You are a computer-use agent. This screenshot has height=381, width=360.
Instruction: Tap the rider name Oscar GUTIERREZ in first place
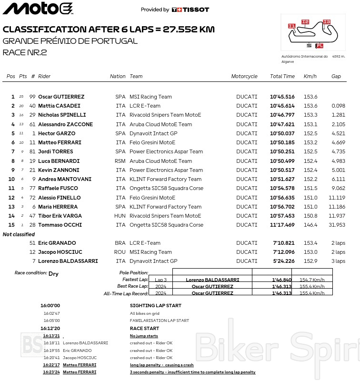(61, 97)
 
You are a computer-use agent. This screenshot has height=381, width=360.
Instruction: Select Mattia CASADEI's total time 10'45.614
(282, 106)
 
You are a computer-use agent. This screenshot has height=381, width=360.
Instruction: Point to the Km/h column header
(310, 76)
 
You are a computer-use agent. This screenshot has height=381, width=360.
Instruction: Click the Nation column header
(118, 76)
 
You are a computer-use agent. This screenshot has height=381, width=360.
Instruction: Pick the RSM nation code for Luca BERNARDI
(120, 161)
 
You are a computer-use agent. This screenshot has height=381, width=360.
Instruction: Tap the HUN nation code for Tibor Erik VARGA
(120, 216)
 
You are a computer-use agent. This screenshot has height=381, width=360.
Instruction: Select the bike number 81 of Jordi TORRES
(32, 151)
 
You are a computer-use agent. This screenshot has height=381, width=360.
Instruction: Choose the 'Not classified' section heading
(19, 234)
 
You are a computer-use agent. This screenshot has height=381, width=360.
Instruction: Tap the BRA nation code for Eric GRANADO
(120, 243)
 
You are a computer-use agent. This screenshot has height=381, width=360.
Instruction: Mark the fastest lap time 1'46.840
(281, 280)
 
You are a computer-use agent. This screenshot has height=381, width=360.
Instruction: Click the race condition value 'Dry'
(53, 274)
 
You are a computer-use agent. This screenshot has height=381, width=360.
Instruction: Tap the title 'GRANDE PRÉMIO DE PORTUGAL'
(70, 40)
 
